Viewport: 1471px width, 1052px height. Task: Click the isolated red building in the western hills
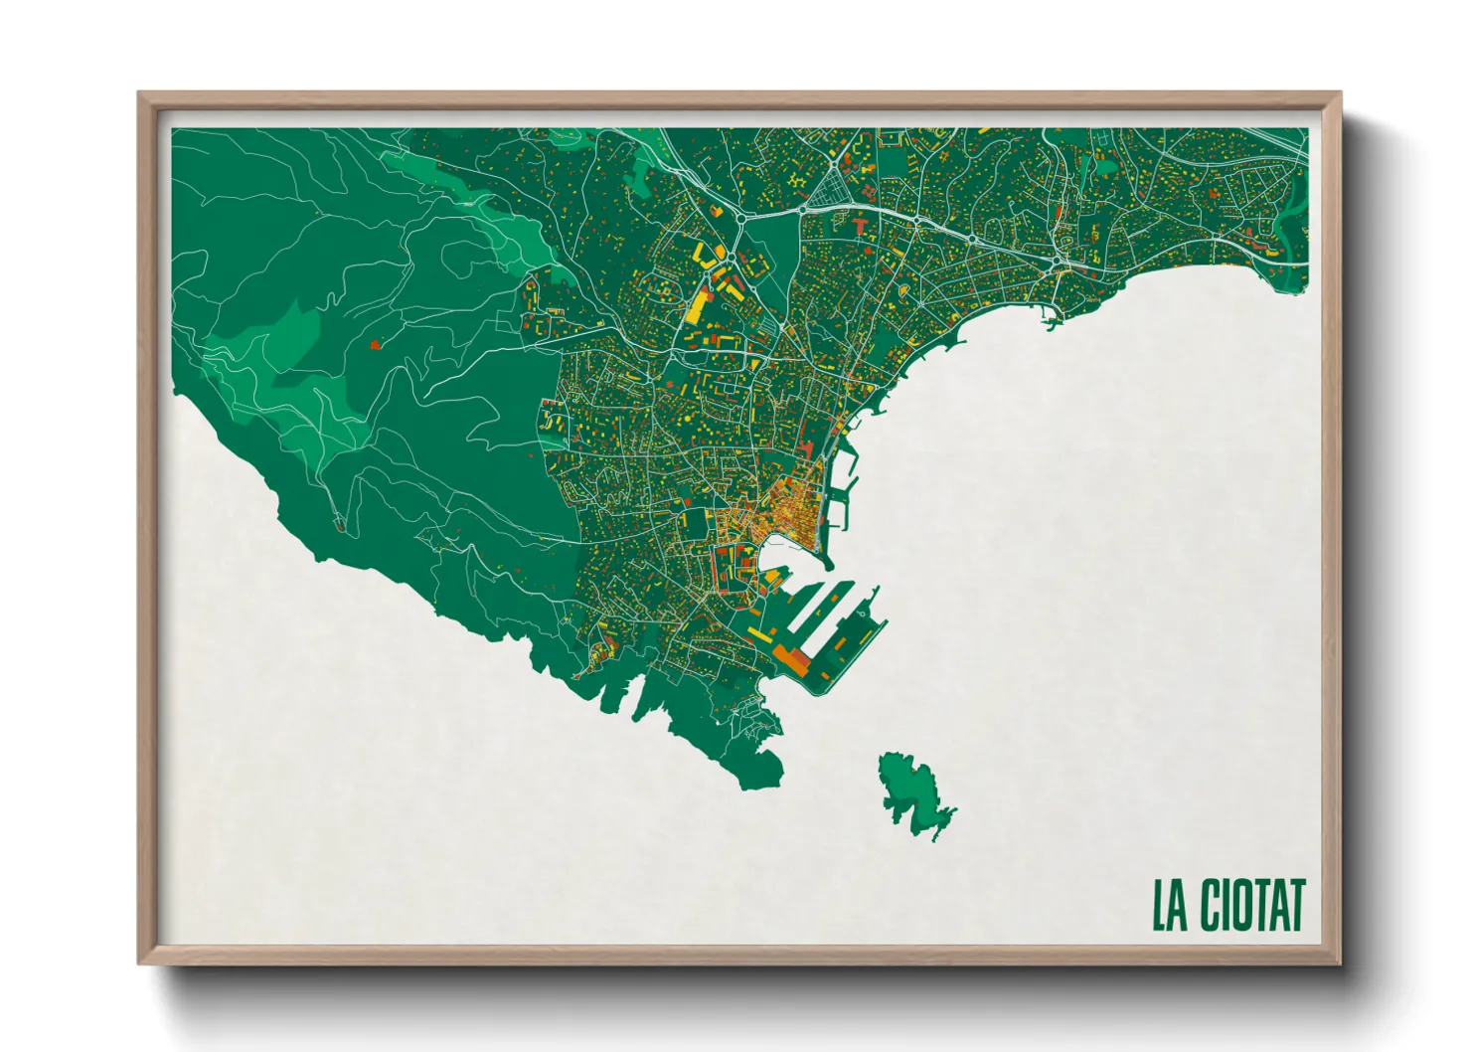click(x=375, y=345)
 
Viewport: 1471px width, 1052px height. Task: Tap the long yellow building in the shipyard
click(x=760, y=633)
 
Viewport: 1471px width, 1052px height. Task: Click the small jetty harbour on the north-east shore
click(x=1052, y=320)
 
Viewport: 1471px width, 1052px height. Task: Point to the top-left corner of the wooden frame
click(x=140, y=94)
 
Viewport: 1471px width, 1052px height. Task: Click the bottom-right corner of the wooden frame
click(x=1339, y=963)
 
